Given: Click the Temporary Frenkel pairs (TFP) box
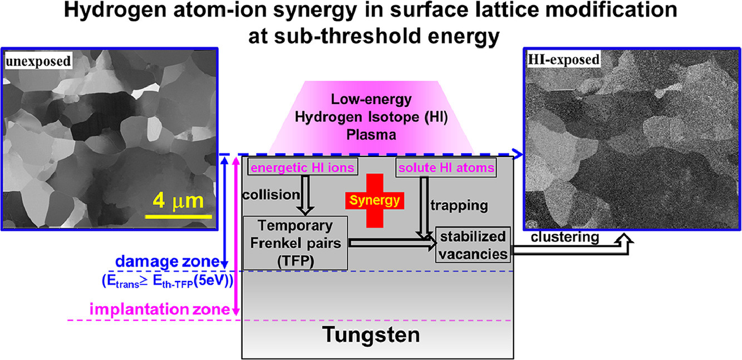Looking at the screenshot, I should click(x=297, y=243).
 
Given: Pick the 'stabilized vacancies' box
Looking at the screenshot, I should click(x=474, y=244).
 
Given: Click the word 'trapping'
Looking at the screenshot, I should click(x=459, y=205).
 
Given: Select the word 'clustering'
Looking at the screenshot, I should click(x=564, y=238).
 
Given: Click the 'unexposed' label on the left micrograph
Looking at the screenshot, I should click(x=39, y=61).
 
